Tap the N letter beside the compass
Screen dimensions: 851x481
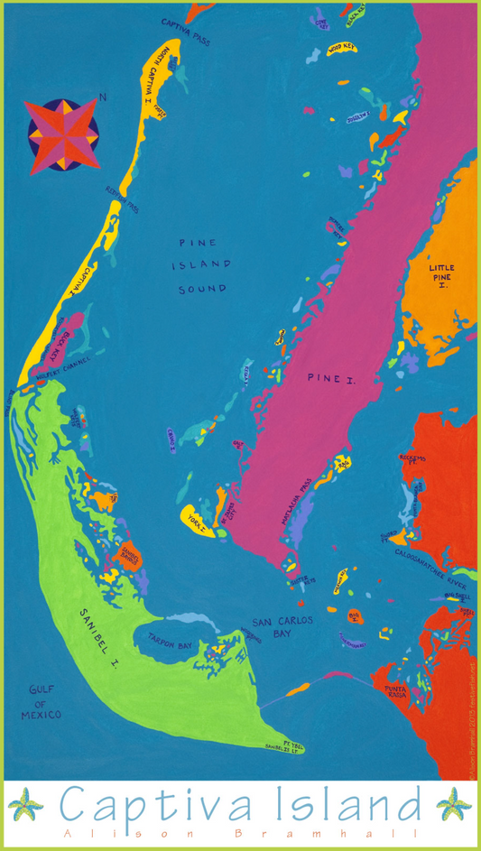(103, 97)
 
